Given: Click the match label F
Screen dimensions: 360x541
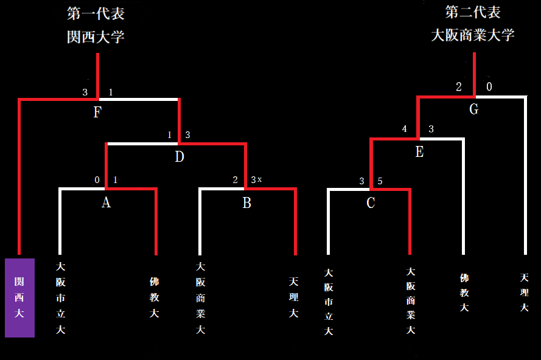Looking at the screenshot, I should tap(97, 112).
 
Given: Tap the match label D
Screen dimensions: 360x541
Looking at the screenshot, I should tap(179, 157).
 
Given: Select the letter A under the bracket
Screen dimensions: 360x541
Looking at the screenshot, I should tap(106, 202).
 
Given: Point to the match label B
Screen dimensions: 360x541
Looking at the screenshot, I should tap(246, 202).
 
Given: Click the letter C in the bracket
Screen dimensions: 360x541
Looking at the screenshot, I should tap(371, 203).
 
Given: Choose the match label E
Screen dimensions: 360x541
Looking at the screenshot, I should tap(419, 152).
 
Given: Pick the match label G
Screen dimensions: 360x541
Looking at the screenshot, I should tap(473, 109).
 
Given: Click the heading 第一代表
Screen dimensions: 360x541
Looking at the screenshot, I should tap(96, 13).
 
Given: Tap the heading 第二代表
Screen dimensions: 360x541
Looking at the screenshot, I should tap(473, 12).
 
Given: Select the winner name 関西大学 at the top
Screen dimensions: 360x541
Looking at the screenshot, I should tap(96, 37).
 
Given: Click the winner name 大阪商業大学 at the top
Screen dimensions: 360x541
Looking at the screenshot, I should tap(473, 35).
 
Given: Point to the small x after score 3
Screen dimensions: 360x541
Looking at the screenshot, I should tap(259, 179).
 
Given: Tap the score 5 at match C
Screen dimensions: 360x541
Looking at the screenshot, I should tap(380, 181).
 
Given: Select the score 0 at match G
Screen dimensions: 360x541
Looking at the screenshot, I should tap(489, 87).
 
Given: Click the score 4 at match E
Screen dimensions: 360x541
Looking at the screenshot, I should tap(404, 129).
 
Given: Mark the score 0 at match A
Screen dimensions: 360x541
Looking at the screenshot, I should tap(97, 180).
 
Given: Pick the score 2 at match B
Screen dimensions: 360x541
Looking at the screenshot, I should tap(235, 180).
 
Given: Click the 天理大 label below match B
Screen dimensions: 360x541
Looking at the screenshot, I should tap(294, 298).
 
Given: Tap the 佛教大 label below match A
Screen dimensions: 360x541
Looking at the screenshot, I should tap(154, 298).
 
